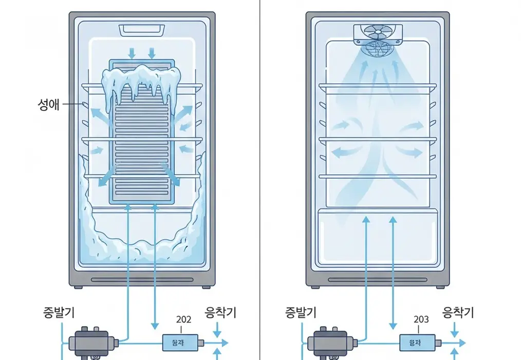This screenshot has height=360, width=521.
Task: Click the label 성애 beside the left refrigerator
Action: pos(49,106)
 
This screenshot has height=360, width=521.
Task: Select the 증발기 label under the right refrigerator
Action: pos(301,312)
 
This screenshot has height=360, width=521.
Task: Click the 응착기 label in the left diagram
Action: pos(220,312)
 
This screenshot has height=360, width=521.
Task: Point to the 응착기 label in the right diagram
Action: pos(458,312)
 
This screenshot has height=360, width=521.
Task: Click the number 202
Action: pos(183,319)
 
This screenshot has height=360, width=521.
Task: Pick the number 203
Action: pos(421,319)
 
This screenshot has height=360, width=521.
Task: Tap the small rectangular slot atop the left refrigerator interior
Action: pos(141,30)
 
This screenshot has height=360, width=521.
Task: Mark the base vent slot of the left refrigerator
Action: pos(141,280)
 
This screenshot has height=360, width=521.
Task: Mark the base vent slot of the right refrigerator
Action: pos(379,280)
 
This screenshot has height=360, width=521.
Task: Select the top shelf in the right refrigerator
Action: pos(379,86)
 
